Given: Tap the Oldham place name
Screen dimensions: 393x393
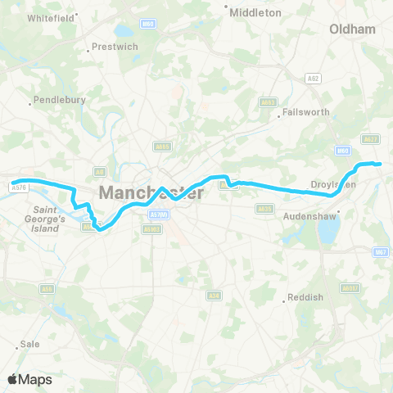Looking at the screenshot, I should (352, 29).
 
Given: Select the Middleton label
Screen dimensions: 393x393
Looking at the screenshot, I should (255, 12).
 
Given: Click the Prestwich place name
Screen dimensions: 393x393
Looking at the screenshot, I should (114, 47).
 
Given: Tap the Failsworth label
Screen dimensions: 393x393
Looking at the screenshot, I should (305, 111).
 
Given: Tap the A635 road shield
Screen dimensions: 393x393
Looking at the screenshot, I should (264, 209).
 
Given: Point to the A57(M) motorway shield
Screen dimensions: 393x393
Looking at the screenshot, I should (158, 215).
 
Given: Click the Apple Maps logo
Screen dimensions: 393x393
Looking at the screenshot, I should (29, 379).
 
